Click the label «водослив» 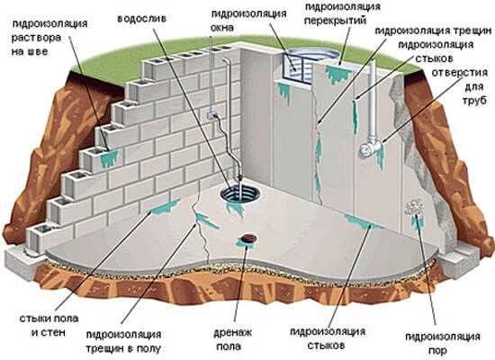point(141,19)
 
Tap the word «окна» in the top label point(222,28)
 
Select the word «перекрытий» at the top point(336,21)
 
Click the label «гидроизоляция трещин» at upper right point(433,31)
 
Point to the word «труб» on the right point(474,100)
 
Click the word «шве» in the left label point(38,51)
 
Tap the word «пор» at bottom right point(437,350)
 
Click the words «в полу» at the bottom point(144,348)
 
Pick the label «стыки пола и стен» point(49,325)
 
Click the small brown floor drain point(249,238)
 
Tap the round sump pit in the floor point(239,193)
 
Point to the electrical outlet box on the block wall point(211,113)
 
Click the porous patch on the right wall point(415,207)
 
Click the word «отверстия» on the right point(460,73)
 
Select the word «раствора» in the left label point(36,38)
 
